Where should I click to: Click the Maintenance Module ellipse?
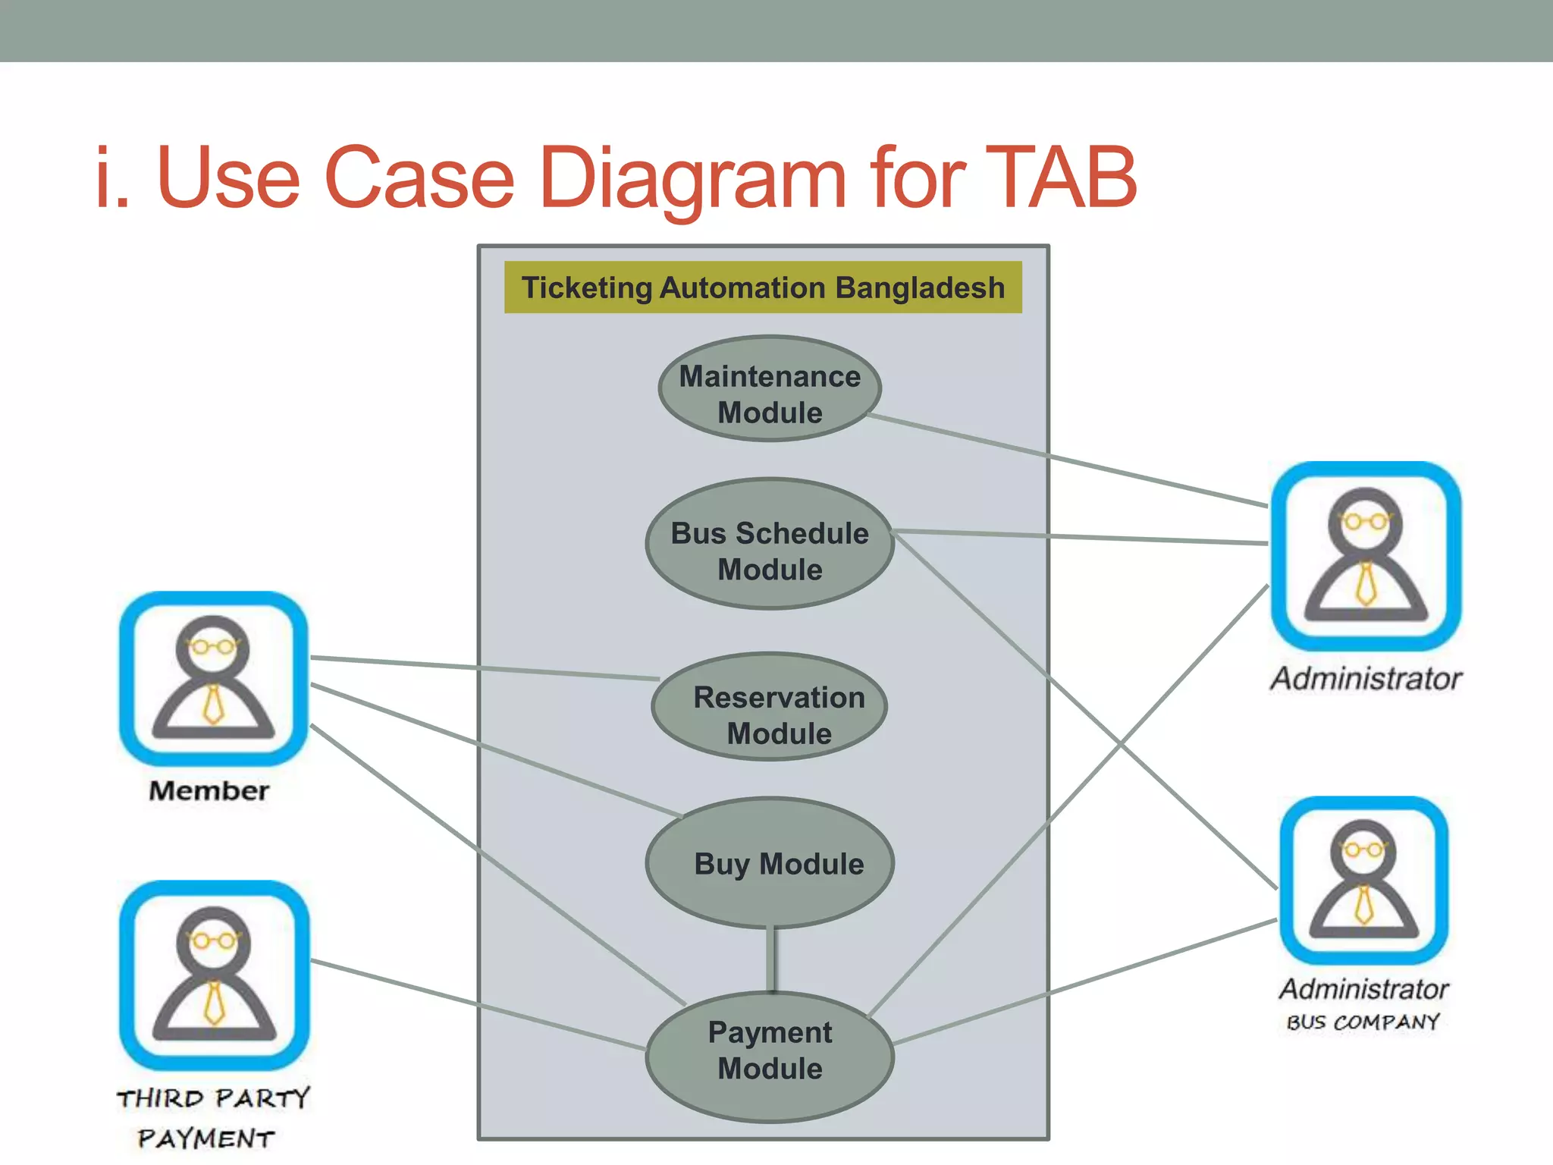769,388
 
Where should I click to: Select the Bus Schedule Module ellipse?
769,544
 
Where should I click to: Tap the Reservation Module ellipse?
769,707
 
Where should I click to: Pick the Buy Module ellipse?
769,863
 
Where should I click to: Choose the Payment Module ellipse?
769,1056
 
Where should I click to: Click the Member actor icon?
214,679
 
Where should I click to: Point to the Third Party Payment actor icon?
215,975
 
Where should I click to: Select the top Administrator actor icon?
1366,556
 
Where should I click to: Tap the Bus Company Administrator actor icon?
1363,880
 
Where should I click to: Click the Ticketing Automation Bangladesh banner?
763,287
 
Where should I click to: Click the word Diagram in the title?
692,179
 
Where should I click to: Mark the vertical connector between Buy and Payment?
772,959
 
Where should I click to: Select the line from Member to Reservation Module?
485,667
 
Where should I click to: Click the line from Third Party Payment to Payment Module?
478,1005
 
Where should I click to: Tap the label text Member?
209,791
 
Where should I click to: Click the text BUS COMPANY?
1363,1022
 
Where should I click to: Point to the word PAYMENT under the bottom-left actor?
206,1138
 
